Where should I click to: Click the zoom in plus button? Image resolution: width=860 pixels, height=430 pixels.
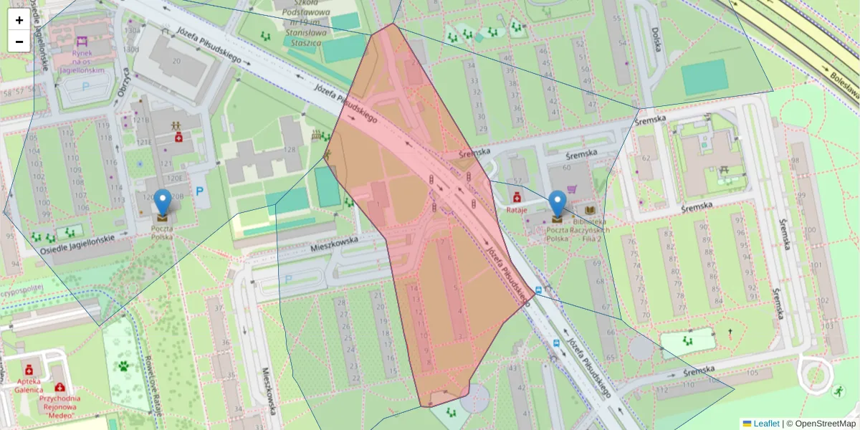pos(19,20)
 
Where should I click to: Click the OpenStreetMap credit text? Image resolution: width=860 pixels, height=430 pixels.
pos(821,424)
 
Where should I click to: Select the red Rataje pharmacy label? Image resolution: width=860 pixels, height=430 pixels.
pos(517,210)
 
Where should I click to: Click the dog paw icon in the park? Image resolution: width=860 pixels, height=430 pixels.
pos(124,365)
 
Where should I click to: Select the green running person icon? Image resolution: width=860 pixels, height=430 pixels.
pos(838,391)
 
